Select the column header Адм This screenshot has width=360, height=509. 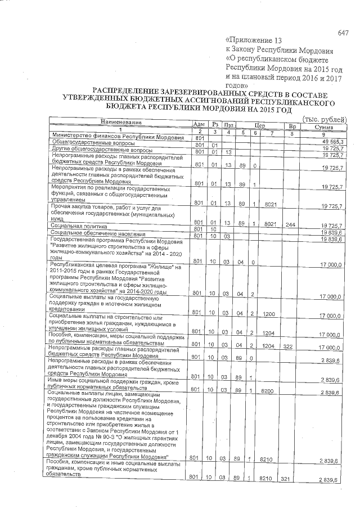pos(199,124)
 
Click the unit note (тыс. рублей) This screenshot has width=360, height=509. pos(321,119)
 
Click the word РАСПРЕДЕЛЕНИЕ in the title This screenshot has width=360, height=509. pos(125,91)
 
